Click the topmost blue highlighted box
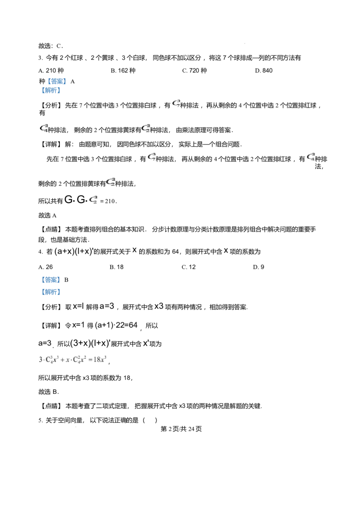(x=58, y=81)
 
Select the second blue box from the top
(x=50, y=90)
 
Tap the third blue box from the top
(x=50, y=280)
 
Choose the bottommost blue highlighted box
(x=50, y=291)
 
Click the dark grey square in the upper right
(x=245, y=43)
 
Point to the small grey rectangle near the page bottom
(x=76, y=426)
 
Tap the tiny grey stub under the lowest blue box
(x=45, y=297)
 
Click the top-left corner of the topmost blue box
(x=48, y=77)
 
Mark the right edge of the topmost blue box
(x=67, y=81)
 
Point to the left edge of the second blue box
(x=40, y=90)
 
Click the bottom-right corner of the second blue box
(x=61, y=93)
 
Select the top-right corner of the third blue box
(x=60, y=275)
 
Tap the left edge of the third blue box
(x=40, y=280)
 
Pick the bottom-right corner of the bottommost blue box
(x=61, y=295)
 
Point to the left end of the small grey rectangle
(x=72, y=426)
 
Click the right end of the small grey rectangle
(x=79, y=426)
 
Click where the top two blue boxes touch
(x=54, y=86)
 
